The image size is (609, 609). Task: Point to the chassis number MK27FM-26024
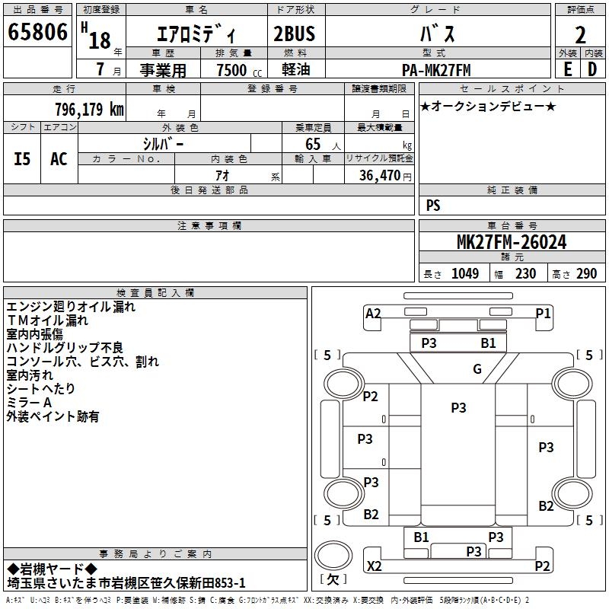(511, 242)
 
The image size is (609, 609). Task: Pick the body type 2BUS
(294, 34)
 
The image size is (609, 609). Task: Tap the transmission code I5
(23, 158)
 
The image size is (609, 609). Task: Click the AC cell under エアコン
(59, 158)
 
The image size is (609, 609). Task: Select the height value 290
(586, 273)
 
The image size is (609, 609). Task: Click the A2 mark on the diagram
(373, 313)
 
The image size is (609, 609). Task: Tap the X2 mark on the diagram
(374, 566)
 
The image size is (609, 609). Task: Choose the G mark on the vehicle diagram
(477, 369)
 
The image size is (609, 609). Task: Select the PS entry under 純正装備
(433, 206)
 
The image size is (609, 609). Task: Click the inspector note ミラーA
(29, 402)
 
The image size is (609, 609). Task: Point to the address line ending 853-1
(126, 582)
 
